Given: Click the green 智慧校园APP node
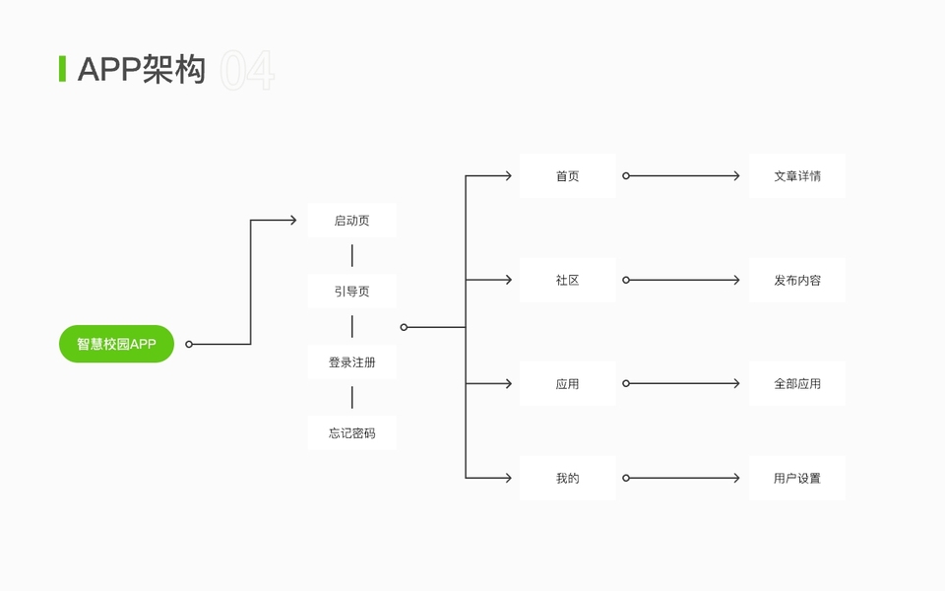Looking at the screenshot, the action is tap(116, 344).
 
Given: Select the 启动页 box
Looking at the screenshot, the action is tap(351, 221).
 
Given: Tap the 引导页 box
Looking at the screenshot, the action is tap(351, 292).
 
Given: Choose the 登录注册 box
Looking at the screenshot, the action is tap(351, 362).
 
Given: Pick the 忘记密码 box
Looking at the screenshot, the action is tap(351, 433).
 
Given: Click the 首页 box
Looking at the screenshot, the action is tap(567, 176).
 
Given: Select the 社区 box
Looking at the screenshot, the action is tap(567, 280).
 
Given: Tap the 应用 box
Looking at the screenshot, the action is tap(567, 383).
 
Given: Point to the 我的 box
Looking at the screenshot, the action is tap(567, 478).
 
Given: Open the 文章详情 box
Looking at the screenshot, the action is tap(796, 176).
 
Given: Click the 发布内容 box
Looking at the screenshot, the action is tap(796, 280).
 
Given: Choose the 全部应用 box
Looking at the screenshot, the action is tap(796, 383).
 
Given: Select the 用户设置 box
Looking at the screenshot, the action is tap(796, 478).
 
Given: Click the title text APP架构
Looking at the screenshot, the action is tap(142, 70).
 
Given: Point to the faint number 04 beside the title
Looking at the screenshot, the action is tap(247, 71).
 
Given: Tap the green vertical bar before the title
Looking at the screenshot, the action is tap(62, 69).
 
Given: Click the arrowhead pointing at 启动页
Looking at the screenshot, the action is tap(292, 221).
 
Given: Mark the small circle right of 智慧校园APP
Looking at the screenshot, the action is tap(189, 345).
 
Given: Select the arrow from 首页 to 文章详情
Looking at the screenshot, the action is tap(681, 176).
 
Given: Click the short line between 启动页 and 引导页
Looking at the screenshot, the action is tap(351, 256).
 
